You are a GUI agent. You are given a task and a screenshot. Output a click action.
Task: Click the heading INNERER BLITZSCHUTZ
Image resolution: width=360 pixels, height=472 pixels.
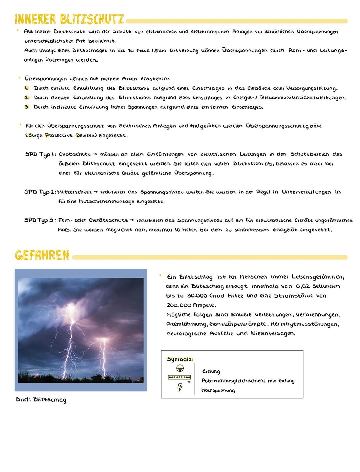pyautogui.click(x=69, y=20)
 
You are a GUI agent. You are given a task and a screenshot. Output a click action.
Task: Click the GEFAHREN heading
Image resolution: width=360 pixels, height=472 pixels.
pyautogui.click(x=42, y=256)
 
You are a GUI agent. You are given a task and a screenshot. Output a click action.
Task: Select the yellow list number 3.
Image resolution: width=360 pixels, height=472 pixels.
pyautogui.click(x=27, y=107)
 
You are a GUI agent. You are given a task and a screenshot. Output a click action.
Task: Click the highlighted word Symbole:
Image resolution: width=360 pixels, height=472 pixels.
pyautogui.click(x=180, y=359)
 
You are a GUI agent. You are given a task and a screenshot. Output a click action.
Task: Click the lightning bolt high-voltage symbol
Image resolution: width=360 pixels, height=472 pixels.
pyautogui.click(x=180, y=387)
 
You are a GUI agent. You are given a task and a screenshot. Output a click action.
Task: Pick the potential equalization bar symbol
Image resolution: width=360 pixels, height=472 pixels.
pyautogui.click(x=180, y=378)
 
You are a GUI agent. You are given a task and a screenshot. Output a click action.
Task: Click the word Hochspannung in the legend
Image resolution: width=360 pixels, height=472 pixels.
pyautogui.click(x=218, y=390)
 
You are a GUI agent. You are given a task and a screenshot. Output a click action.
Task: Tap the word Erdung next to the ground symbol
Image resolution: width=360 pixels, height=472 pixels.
pyautogui.click(x=211, y=371)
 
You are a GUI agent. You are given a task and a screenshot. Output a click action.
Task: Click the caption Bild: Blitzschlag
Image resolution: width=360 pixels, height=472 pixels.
pyautogui.click(x=41, y=400)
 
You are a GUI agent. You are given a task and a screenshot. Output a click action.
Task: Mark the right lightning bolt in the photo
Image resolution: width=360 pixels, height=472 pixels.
pyautogui.click(x=103, y=353)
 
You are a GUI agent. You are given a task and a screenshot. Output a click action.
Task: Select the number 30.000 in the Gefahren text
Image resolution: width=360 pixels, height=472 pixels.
pyautogui.click(x=198, y=296)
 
